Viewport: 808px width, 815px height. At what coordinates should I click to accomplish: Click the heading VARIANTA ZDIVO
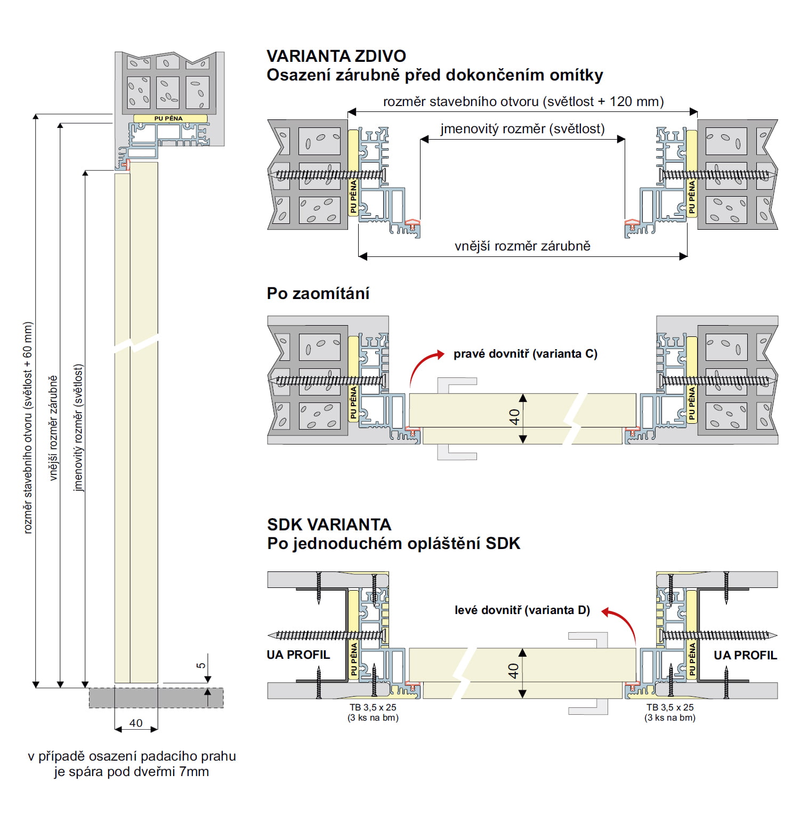coord(336,56)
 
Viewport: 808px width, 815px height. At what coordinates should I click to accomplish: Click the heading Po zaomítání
coord(318,293)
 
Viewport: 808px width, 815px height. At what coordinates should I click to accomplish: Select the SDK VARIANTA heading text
coord(329,524)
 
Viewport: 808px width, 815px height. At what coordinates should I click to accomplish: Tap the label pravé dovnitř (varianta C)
coord(526,354)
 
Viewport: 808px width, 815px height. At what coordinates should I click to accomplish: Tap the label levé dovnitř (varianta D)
coord(522,610)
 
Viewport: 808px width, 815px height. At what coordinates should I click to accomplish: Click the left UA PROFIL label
coord(298,655)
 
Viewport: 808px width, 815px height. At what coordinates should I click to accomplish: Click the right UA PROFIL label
coord(745,655)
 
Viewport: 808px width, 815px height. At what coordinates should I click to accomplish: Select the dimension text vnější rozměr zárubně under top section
coord(522,246)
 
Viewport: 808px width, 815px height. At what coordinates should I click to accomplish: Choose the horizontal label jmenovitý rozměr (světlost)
coord(522,129)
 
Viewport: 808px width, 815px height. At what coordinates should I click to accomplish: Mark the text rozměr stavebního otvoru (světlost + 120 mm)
coord(523,102)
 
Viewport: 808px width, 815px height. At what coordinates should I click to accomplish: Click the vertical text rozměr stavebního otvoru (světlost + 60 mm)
coord(28,427)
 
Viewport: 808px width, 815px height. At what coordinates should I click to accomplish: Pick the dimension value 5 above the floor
coord(201,665)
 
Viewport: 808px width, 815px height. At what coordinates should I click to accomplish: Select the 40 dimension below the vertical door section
coord(136,723)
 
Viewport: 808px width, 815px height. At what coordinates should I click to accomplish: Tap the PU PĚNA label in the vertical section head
coord(168,118)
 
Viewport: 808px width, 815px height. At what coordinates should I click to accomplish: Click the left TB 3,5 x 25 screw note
coord(373,713)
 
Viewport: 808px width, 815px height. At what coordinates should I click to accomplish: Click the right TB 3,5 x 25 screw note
coord(670,713)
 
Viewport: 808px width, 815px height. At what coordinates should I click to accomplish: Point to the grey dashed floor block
coord(156,698)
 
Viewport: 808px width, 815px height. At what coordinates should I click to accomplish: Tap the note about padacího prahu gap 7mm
coord(132,764)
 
